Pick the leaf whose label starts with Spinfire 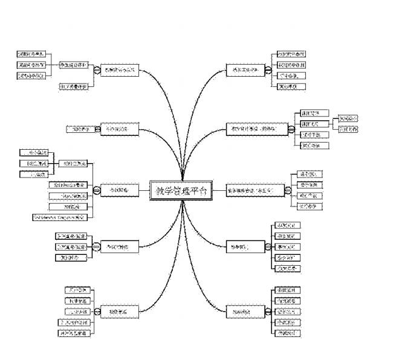67,185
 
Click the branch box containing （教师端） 257,129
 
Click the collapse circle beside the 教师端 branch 291,129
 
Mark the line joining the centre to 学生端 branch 219,191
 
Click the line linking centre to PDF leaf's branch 144,191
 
